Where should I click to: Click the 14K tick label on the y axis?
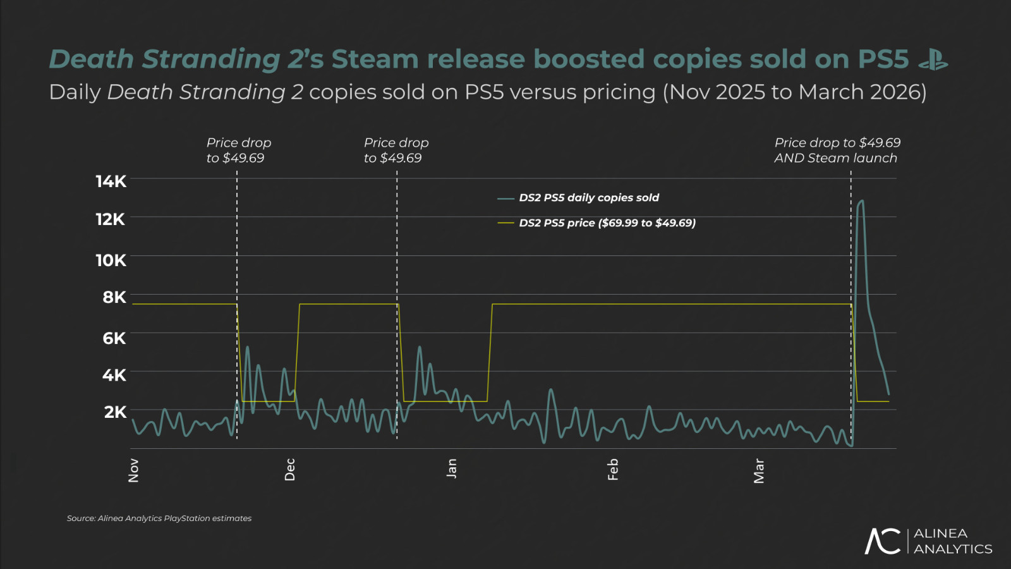[111, 182]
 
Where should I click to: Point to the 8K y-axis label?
[114, 297]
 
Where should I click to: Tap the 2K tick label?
[115, 412]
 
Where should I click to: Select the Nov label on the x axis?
[133, 470]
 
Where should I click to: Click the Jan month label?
[451, 468]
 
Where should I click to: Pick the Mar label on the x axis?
[759, 471]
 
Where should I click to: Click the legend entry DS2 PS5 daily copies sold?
[588, 198]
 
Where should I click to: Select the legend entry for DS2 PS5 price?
[607, 223]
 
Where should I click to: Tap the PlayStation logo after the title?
[933, 60]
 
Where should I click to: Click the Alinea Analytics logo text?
[952, 541]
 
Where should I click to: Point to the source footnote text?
[159, 518]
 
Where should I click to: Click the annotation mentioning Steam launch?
[837, 150]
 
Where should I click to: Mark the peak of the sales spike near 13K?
[861, 201]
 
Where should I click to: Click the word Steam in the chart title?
[375, 59]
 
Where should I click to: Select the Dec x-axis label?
[290, 470]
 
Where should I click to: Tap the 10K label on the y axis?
[111, 260]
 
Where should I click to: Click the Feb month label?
[612, 470]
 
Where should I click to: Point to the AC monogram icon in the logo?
[883, 541]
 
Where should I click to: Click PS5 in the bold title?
[883, 59]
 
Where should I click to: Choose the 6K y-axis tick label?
[114, 338]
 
